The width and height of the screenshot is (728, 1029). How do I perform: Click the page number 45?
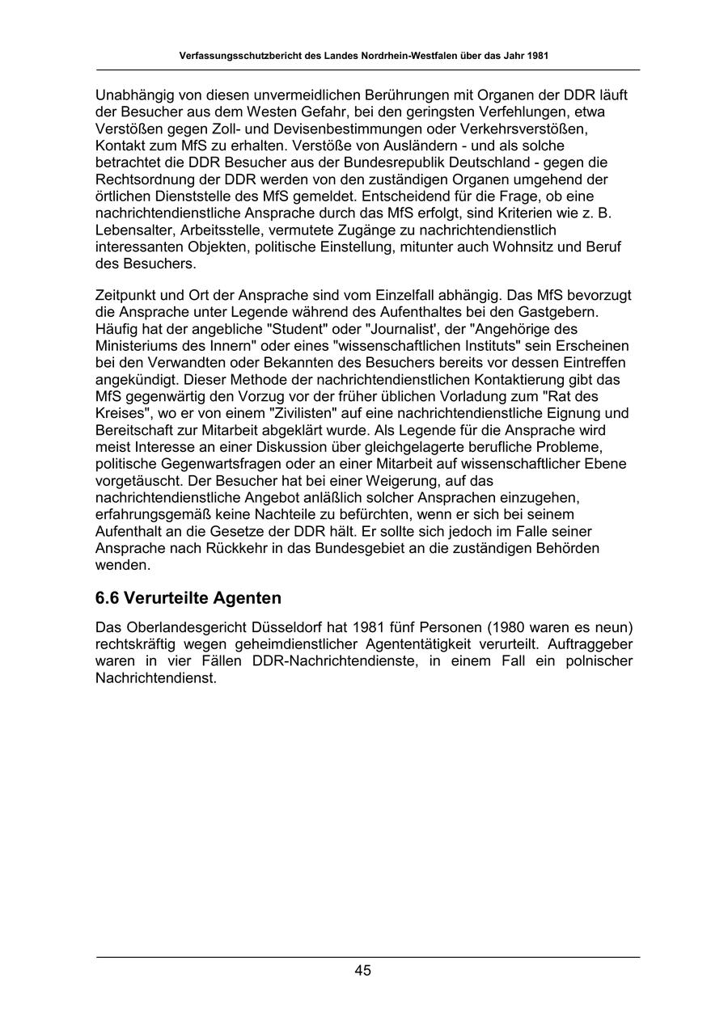click(362, 971)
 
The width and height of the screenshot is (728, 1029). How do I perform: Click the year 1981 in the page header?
click(536, 56)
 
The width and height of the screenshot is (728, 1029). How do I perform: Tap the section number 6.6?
click(108, 598)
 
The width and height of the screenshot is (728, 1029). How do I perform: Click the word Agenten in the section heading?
click(248, 598)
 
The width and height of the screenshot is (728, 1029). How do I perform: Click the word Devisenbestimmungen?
click(329, 129)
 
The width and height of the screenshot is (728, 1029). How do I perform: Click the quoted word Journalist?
click(396, 329)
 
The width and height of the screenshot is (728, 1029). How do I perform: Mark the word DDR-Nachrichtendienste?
click(335, 661)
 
